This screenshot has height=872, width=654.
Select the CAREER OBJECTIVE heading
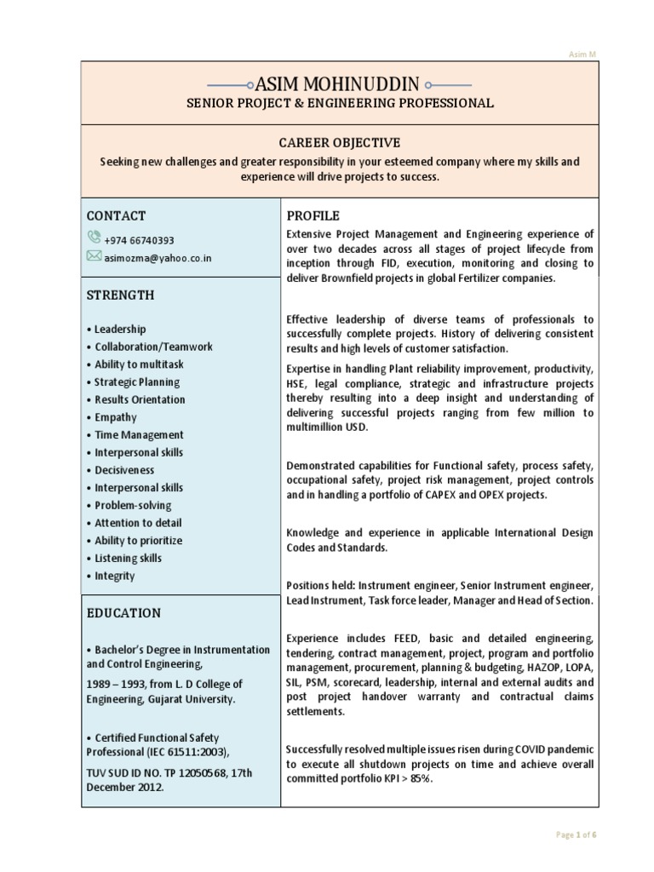pos(340,142)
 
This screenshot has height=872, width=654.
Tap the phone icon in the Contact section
pos(93,239)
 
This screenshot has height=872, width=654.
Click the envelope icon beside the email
pos(93,256)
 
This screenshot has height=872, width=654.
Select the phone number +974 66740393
pos(140,240)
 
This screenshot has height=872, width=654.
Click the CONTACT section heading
pos(116,215)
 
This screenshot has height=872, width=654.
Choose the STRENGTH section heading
pos(120,295)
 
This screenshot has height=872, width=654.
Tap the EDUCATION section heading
pos(123,612)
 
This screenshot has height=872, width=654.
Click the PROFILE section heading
pos(313,215)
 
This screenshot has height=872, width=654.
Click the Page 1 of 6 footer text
pos(575,835)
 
